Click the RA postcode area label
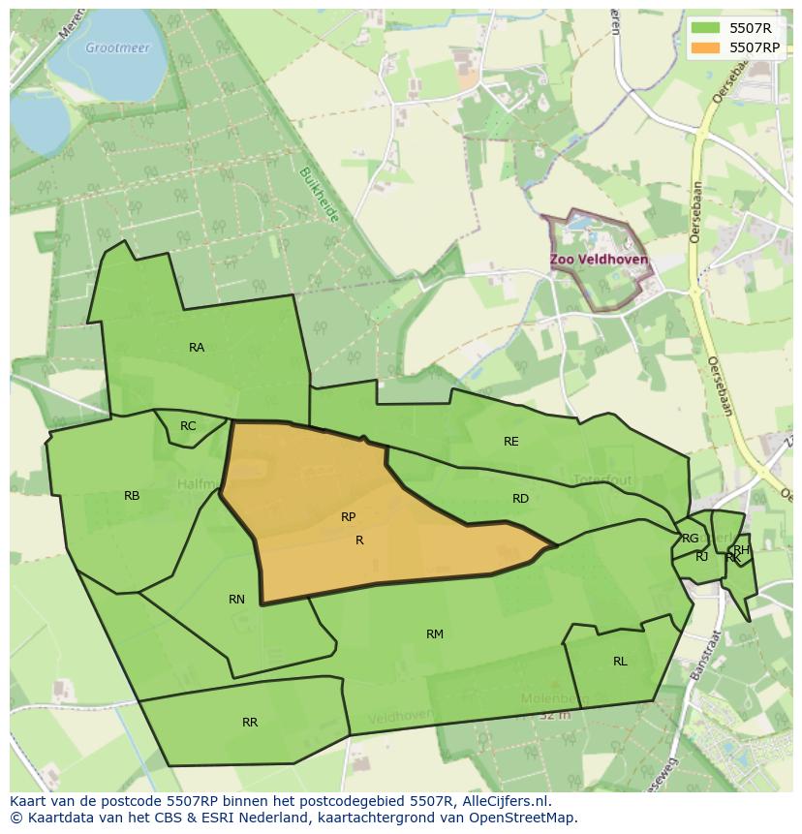click(x=197, y=348)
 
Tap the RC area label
click(x=188, y=426)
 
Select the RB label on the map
click(x=132, y=496)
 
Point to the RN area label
click(x=236, y=600)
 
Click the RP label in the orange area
click(x=349, y=517)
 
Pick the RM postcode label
click(x=435, y=634)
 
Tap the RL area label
click(x=620, y=662)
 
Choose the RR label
click(x=250, y=723)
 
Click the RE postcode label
click(x=511, y=442)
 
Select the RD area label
click(x=521, y=499)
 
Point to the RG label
click(x=690, y=539)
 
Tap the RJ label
click(x=701, y=557)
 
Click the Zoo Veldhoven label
click(x=600, y=261)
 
